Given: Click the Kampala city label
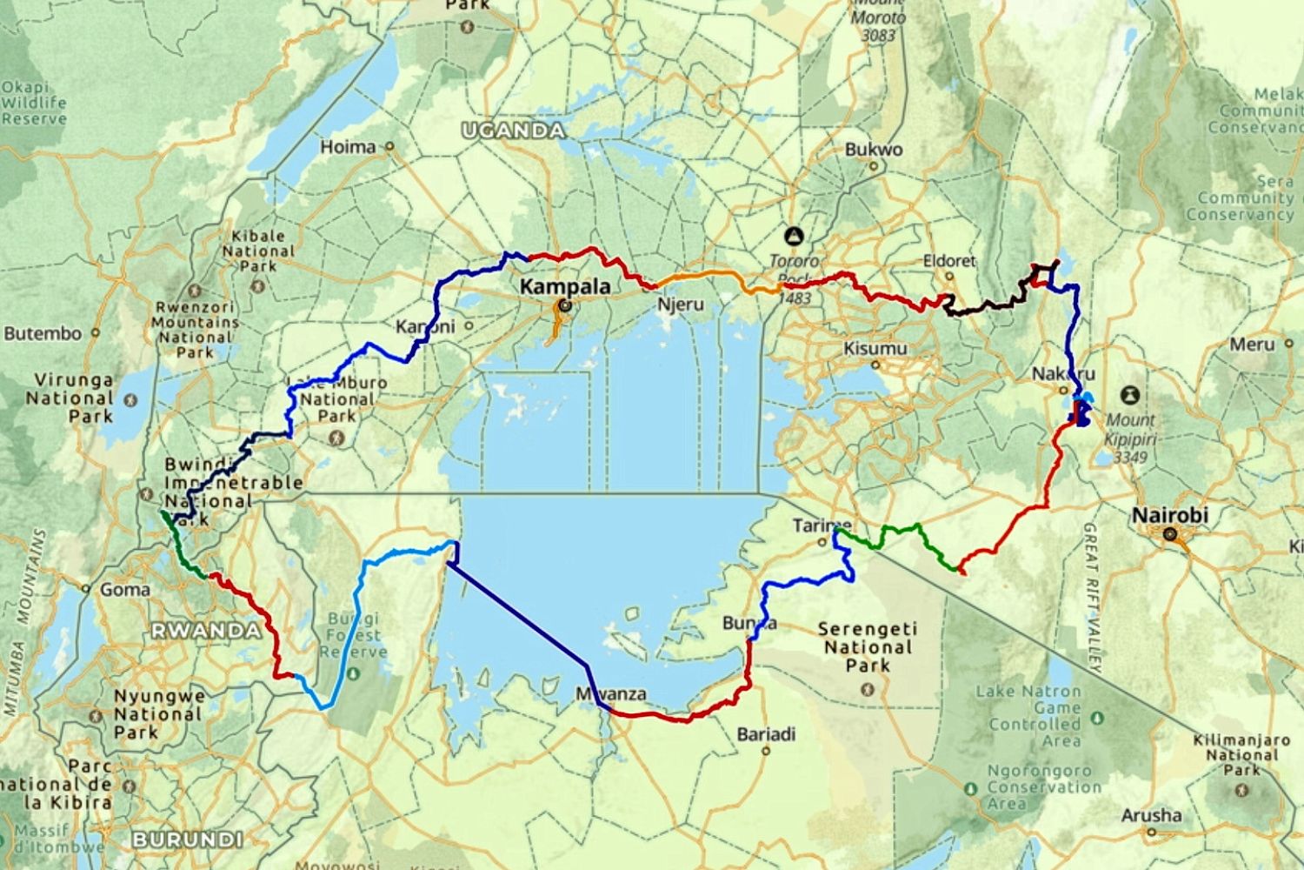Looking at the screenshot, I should [564, 286].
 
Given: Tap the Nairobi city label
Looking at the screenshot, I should [1169, 515].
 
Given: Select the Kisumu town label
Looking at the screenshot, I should [875, 349].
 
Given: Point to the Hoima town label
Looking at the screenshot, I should [348, 147].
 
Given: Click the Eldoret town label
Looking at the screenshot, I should [948, 261].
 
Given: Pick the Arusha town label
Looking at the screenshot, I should [1151, 815].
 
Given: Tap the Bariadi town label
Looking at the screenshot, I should [766, 734].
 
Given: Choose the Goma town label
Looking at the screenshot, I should [124, 590].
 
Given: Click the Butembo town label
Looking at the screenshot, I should [43, 333].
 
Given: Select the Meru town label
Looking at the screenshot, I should [1252, 345].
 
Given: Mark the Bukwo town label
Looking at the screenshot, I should [873, 150].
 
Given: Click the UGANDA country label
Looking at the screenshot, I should [513, 130].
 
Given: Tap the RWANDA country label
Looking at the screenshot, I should [206, 631].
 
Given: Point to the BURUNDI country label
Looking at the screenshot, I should [187, 840].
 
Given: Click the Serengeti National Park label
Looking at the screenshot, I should [868, 646].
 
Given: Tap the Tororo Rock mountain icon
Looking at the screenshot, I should [793, 236].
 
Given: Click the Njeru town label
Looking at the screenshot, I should [680, 304].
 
